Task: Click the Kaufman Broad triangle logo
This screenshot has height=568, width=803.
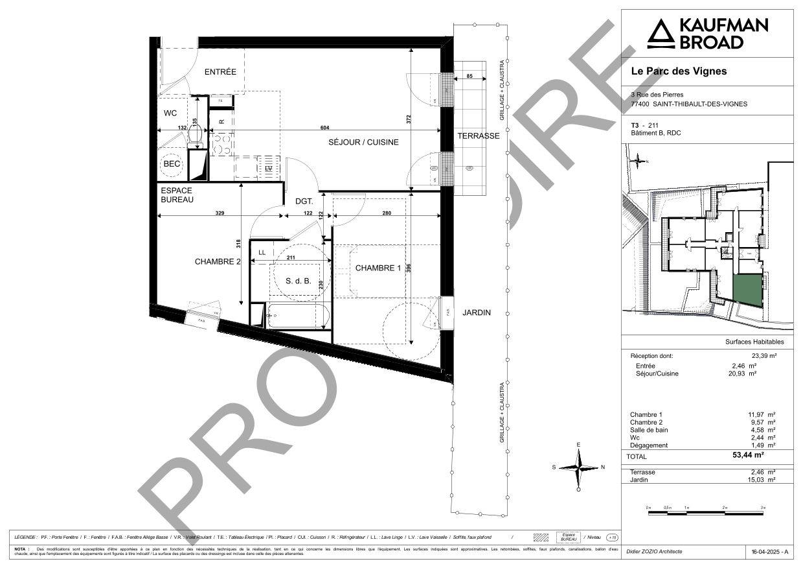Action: click(661, 34)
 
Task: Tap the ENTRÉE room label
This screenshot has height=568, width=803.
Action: click(220, 72)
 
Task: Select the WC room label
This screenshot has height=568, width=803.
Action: click(170, 113)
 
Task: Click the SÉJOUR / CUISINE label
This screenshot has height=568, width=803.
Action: click(363, 142)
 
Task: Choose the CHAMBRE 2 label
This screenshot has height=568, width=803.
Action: click(218, 262)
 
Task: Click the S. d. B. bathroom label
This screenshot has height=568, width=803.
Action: click(299, 281)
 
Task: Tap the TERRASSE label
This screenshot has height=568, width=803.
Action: click(478, 136)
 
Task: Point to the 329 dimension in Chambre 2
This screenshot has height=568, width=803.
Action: click(220, 213)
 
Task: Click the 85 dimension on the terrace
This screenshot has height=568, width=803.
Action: click(469, 77)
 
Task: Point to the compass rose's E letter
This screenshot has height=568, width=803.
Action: click(579, 445)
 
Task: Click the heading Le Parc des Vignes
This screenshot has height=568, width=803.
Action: click(679, 71)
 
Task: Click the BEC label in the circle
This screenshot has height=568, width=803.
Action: click(172, 164)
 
